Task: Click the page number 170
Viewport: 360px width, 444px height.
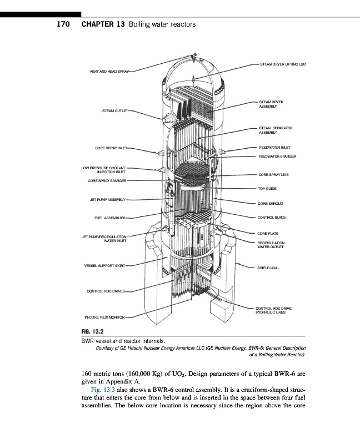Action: [65, 24]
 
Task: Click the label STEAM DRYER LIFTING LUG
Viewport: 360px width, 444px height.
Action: [283, 65]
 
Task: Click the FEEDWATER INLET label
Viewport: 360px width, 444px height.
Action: [272, 148]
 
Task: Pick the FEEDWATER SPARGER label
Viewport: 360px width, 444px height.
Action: [277, 157]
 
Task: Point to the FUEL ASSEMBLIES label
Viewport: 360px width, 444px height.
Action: [111, 218]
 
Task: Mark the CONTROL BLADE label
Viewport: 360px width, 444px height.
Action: [271, 217]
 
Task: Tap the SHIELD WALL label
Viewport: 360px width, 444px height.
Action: [268, 268]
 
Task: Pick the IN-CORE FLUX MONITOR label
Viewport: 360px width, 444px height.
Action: [104, 318]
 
